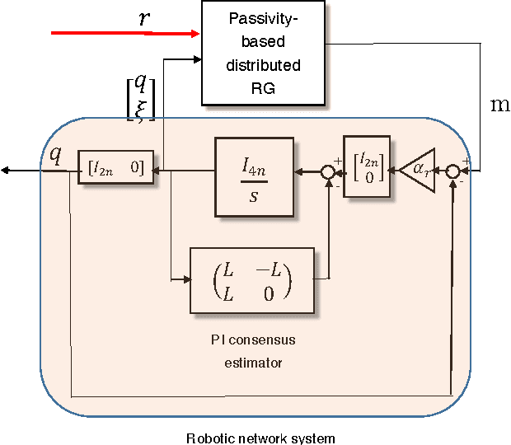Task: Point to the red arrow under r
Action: (124, 33)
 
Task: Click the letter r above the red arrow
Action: (144, 17)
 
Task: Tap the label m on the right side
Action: (499, 105)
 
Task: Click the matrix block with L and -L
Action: (251, 279)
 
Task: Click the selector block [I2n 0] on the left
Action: (116, 170)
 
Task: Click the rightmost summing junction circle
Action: (453, 171)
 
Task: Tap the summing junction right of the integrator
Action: (328, 172)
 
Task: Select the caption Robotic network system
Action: (260, 437)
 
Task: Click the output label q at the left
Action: (55, 154)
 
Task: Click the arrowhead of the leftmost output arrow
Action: (5, 171)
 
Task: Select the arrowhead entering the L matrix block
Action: (185, 279)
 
